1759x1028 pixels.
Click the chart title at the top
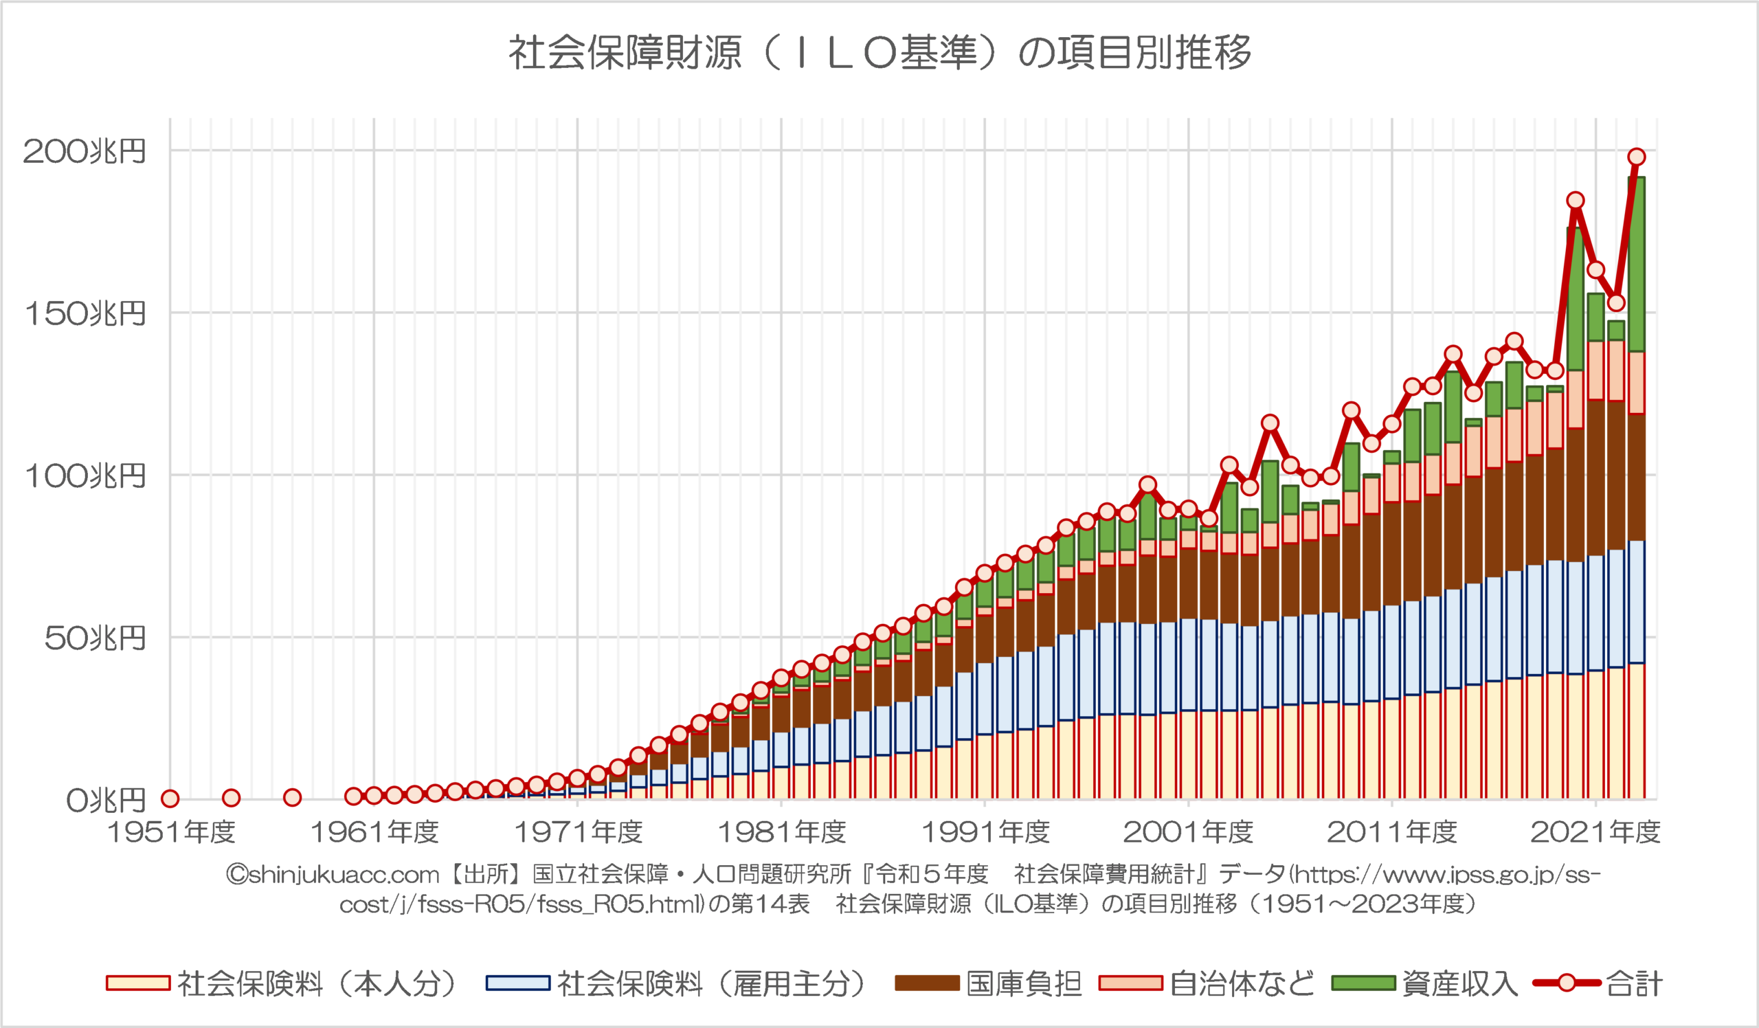(879, 52)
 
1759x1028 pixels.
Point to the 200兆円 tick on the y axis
(85, 150)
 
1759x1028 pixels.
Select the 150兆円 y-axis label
(85, 313)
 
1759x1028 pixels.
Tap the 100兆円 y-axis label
(85, 476)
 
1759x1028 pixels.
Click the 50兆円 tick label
(94, 638)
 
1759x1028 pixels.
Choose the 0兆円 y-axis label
(104, 801)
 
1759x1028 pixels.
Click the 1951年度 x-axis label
(171, 832)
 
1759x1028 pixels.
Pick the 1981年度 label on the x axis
(782, 832)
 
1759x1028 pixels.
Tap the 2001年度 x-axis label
(1189, 832)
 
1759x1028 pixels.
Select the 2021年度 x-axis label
(1595, 832)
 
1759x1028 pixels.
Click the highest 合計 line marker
(1637, 157)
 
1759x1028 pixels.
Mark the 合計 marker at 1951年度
(170, 798)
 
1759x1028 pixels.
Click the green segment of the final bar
(1637, 265)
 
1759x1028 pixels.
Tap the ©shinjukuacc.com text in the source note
(333, 875)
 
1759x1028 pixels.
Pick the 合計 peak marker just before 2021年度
(1576, 201)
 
